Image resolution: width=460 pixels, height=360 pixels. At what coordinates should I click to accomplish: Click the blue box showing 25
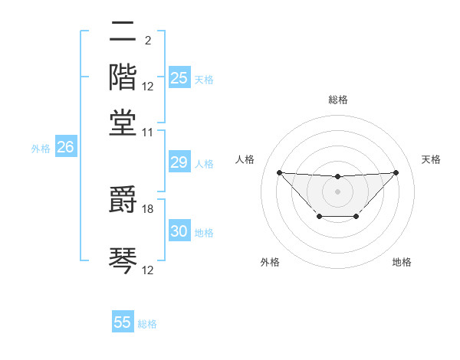click(179, 78)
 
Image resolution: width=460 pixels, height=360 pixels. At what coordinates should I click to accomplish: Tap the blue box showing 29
click(179, 162)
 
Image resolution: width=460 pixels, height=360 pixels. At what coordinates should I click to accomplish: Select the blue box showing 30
click(179, 231)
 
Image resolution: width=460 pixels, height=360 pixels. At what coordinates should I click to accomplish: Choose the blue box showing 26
click(65, 148)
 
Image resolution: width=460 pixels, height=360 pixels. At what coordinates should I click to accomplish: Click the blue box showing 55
click(123, 322)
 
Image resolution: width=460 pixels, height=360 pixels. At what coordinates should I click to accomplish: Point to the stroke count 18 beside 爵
click(148, 208)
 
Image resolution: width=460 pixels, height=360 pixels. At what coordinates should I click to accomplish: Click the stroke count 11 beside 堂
click(148, 132)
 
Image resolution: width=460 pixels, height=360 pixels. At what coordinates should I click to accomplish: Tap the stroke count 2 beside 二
click(147, 41)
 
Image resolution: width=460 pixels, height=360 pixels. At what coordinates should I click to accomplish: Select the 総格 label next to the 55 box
click(147, 324)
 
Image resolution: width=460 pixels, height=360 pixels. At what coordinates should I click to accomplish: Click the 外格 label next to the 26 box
click(41, 149)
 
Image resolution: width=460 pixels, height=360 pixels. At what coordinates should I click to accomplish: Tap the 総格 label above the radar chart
click(337, 100)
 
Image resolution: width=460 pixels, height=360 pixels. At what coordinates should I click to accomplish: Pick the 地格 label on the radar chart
click(402, 262)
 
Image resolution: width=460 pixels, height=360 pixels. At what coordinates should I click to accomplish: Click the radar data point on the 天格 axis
click(396, 172)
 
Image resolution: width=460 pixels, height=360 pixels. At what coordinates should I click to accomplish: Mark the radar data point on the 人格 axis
click(279, 172)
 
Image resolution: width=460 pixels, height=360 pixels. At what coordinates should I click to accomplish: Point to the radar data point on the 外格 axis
click(319, 217)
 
